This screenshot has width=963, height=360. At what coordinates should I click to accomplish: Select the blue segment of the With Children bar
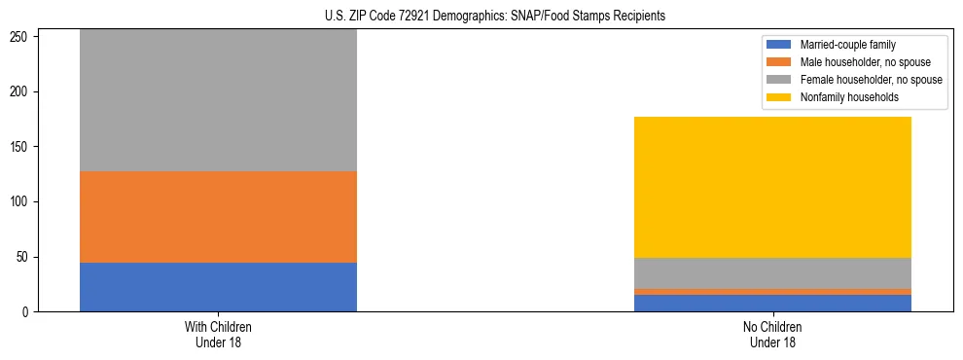pos(218,287)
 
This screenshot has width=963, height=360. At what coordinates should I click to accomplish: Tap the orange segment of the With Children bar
pos(218,217)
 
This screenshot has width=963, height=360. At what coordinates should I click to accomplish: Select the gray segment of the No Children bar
pos(772,273)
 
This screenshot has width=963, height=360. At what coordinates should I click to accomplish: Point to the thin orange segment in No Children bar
pos(772,292)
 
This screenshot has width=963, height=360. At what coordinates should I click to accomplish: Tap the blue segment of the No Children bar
pos(772,303)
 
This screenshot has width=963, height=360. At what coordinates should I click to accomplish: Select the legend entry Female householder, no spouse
pos(871,80)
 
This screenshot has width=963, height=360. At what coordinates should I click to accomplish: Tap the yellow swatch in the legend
pos(779,97)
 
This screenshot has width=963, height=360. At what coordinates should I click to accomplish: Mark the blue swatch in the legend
pos(779,45)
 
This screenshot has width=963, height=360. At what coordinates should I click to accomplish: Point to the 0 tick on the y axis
pos(28,312)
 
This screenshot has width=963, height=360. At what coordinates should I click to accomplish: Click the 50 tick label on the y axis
pos(25,257)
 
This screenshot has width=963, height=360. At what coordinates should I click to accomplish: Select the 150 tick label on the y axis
pos(22,147)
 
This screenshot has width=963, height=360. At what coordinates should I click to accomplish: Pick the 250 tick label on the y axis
pos(22,37)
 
